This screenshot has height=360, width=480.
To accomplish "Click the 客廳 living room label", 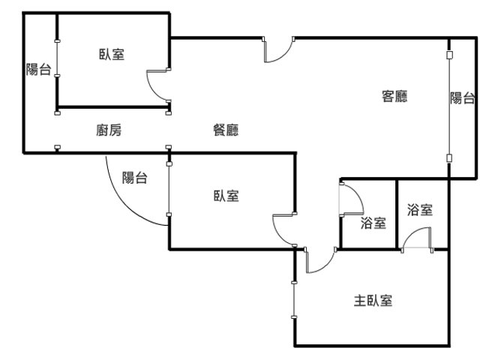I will [394, 96].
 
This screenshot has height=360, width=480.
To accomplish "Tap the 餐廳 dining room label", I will [226, 130].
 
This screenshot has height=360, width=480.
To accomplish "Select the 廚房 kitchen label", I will [109, 130].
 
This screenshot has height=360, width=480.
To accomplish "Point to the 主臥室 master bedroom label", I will [373, 301].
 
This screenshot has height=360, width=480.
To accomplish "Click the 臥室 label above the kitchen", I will [112, 54].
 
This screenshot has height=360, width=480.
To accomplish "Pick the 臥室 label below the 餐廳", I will [226, 196].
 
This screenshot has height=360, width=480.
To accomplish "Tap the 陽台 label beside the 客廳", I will [462, 97].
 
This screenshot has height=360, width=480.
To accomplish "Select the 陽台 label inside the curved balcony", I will [134, 178].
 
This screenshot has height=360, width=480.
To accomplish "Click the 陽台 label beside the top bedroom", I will [38, 70].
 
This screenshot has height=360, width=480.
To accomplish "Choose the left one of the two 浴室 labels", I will [373, 222].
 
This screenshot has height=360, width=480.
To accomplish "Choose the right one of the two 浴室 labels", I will [419, 210].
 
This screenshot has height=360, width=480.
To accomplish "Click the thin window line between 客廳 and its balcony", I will [448, 105].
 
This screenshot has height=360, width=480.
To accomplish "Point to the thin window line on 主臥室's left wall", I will [295, 300].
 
